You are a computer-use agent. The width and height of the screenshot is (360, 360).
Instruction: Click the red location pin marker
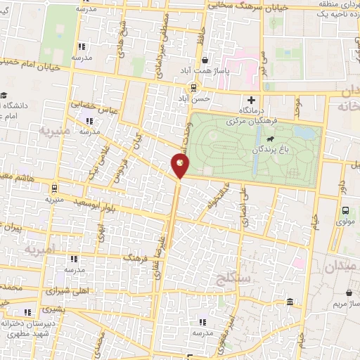click(x=180, y=166)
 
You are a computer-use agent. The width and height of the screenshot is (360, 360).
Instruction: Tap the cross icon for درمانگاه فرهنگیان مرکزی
click(x=251, y=100)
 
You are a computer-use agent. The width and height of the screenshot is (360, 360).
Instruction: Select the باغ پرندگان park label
click(x=274, y=150)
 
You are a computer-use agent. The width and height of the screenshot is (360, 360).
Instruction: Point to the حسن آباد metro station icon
click(x=192, y=87)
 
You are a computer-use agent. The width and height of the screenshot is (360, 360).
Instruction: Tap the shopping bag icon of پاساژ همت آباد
click(x=204, y=60)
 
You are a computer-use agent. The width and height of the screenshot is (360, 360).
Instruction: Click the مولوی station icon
click(x=345, y=210)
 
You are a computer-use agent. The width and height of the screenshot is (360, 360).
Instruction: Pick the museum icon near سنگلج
click(x=290, y=302)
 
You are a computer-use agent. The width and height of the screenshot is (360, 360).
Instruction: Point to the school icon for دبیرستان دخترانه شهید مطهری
click(x=27, y=313)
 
